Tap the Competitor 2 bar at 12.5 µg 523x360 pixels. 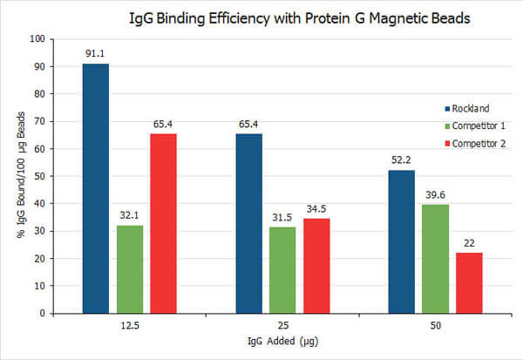163,223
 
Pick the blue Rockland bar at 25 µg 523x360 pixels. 248,223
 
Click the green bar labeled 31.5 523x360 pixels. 282,269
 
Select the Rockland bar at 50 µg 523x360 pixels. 402,241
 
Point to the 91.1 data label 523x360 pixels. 96,54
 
